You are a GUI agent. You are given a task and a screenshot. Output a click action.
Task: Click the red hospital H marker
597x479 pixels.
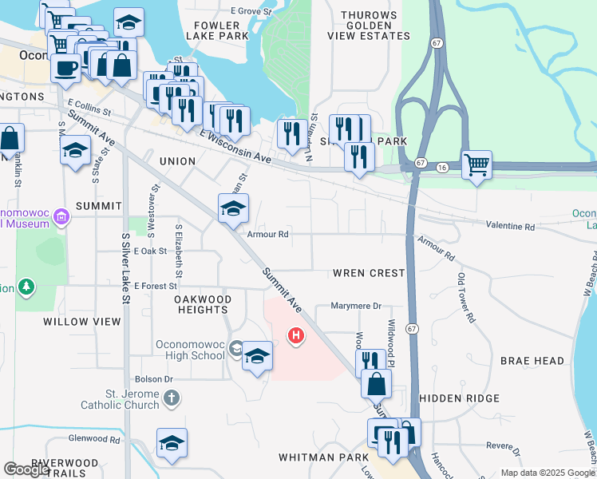point(296,336)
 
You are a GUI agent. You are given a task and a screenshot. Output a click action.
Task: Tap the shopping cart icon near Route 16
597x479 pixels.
point(476,165)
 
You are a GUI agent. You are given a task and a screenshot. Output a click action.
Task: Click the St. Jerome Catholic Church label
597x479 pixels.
point(121,399)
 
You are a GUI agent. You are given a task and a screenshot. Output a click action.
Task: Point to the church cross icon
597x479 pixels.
point(171,397)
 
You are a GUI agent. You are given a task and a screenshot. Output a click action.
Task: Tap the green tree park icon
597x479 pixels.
point(26,286)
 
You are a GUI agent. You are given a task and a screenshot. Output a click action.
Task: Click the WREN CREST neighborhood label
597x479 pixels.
point(369,273)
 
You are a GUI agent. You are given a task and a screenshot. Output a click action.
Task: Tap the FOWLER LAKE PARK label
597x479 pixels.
point(217,30)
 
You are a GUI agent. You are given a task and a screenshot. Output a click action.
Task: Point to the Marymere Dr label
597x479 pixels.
point(357,306)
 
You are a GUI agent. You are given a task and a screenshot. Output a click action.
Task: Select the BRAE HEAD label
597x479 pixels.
point(532,361)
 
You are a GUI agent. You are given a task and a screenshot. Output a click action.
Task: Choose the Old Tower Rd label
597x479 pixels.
point(466,298)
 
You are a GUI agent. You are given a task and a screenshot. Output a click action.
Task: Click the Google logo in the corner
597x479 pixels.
point(26,469)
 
